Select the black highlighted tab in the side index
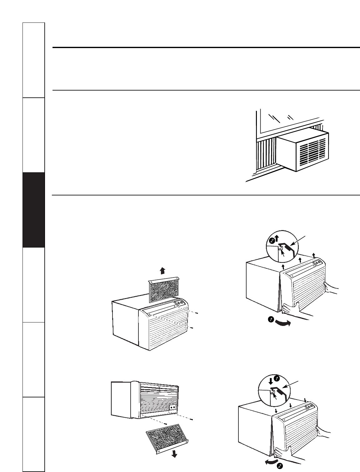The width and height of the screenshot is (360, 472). (34, 210)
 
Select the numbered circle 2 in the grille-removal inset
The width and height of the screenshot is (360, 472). (272, 241)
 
